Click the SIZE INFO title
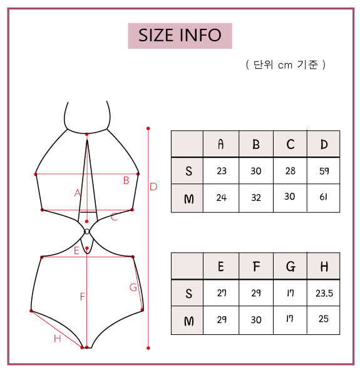[180, 36]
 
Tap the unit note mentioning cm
[285, 64]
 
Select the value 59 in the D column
[324, 171]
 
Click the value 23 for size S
[222, 171]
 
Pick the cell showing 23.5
[324, 293]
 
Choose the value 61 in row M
[324, 197]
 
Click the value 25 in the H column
[324, 319]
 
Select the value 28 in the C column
[290, 171]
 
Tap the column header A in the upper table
[221, 144]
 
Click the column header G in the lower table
[291, 267]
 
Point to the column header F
[256, 267]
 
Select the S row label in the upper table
[188, 171]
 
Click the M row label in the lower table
[188, 321]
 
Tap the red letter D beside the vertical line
[153, 187]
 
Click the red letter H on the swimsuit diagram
[57, 339]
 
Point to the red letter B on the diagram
[126, 180]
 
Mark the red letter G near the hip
[133, 287]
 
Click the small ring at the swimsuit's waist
[87, 232]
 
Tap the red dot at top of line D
[148, 128]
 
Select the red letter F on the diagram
[82, 297]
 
